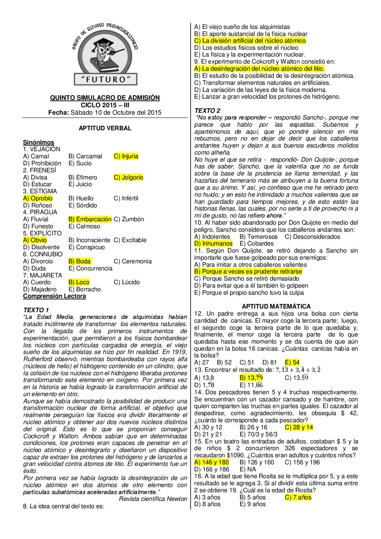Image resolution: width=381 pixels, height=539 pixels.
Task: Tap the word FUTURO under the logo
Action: click(106, 79)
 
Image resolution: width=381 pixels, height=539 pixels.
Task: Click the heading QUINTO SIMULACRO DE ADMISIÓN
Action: click(105, 98)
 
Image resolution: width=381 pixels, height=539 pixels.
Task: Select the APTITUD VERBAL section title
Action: click(105, 128)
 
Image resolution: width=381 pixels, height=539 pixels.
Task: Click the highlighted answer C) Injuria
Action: click(126, 156)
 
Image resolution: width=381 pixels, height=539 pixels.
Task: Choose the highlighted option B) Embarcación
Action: click(90, 219)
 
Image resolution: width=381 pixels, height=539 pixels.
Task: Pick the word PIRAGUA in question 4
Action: click(43, 212)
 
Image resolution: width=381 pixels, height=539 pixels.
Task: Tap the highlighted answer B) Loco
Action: click(79, 282)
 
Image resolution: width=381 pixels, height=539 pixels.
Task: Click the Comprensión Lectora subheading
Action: click(54, 296)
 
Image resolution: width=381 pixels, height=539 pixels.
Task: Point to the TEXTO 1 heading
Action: click(36, 310)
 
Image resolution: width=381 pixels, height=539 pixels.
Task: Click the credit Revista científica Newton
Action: click(153, 499)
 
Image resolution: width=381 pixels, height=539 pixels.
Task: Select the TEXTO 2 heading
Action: click(207, 110)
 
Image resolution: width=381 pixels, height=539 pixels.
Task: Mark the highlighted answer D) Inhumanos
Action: click(213, 243)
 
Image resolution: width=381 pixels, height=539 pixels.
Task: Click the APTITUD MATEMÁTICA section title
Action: click(276, 306)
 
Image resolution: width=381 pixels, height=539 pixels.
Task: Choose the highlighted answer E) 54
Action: click(292, 363)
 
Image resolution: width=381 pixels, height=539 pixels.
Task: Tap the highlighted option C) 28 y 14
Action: click(299, 427)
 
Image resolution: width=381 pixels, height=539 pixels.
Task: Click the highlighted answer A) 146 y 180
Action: click(212, 462)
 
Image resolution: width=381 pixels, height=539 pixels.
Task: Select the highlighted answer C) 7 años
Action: click(298, 497)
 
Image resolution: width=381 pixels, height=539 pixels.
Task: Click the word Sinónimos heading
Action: click(39, 142)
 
